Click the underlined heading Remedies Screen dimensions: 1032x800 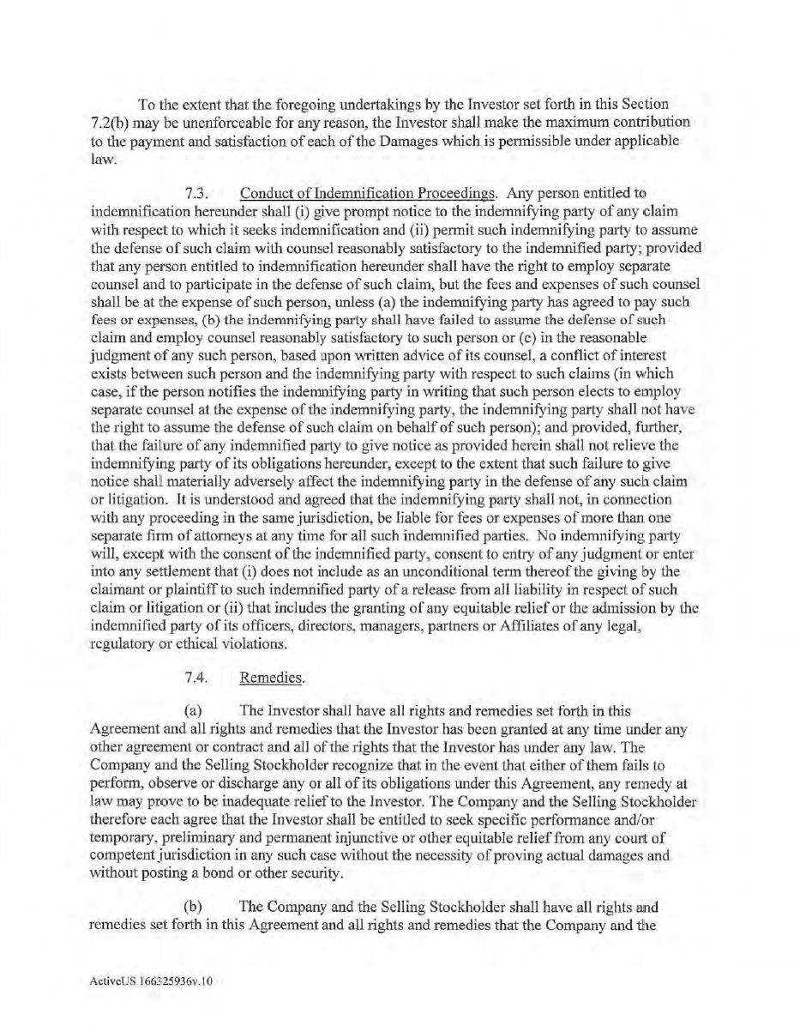[272, 678]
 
